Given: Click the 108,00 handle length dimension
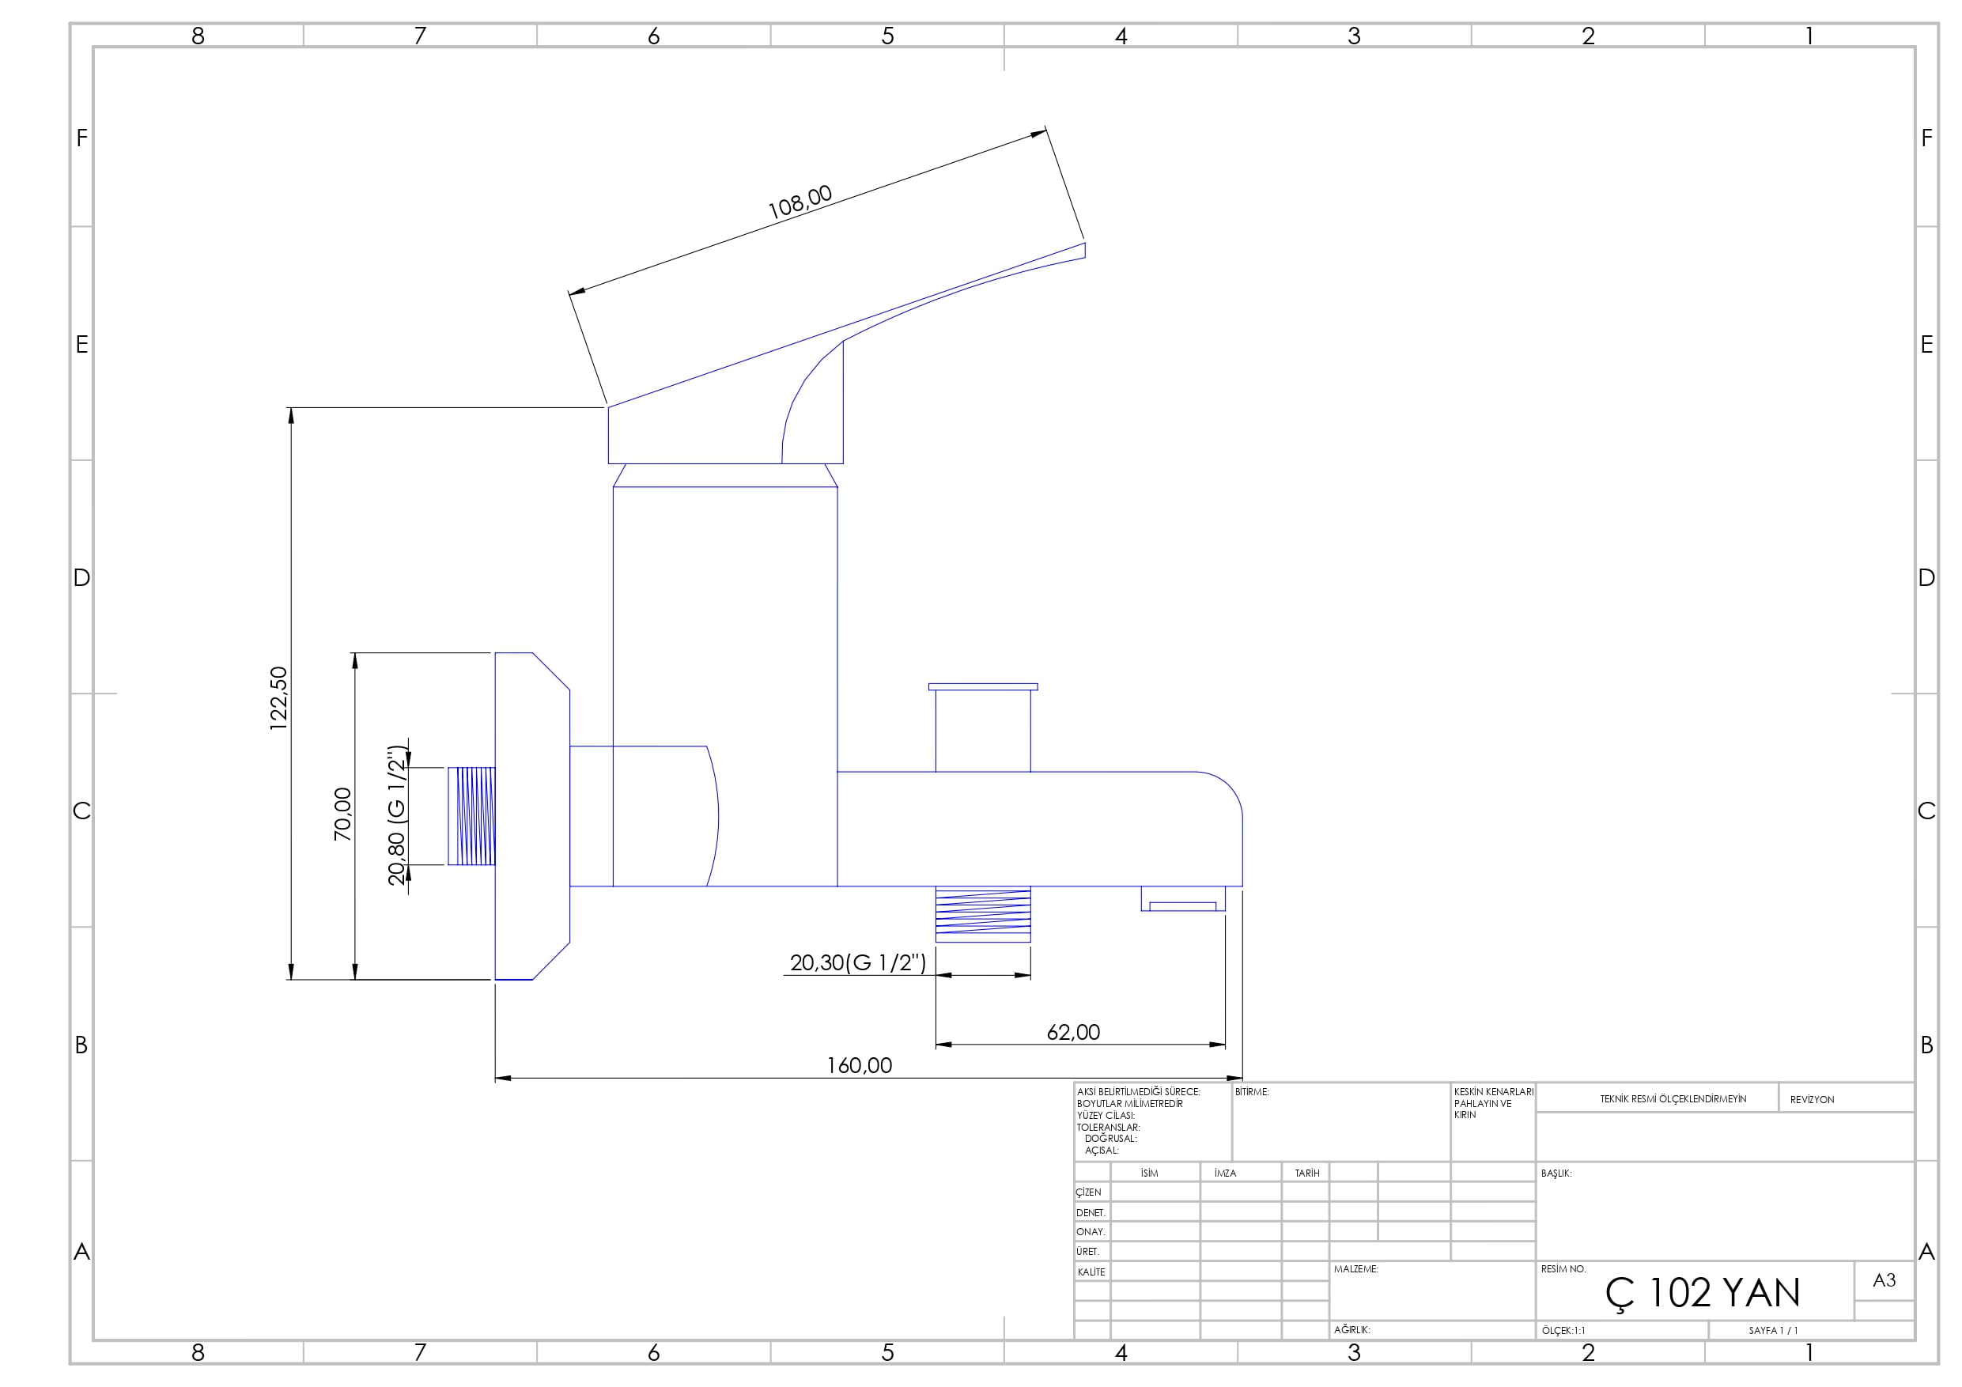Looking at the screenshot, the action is tap(800, 202).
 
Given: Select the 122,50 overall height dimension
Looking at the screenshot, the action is tap(278, 698).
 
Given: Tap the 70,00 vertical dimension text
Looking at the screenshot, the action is tap(342, 814).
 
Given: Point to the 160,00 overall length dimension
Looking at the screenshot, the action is tap(859, 1066).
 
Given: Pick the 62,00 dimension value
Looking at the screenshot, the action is tap(1073, 1033).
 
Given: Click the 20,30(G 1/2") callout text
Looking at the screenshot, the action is tap(858, 963).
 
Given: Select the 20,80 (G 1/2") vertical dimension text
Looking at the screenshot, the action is tap(396, 814).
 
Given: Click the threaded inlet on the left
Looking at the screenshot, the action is tap(471, 816).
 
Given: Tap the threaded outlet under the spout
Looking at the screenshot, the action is tap(983, 914).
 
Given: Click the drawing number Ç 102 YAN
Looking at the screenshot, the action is tap(1703, 1293).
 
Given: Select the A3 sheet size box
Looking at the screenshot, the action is tap(1884, 1280).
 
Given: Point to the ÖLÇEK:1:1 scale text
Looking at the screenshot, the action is tap(1563, 1331).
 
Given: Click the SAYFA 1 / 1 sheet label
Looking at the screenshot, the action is tap(1773, 1331).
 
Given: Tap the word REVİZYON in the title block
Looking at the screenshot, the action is tap(1812, 1100).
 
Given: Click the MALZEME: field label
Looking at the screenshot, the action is tap(1355, 1269).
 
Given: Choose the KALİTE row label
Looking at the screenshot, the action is tap(1091, 1272).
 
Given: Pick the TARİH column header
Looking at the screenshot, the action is tap(1306, 1173).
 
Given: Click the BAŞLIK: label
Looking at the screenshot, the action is tap(1556, 1173).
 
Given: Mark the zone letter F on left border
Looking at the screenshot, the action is tap(82, 138).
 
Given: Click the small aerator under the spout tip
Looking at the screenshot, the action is tap(1183, 899).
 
